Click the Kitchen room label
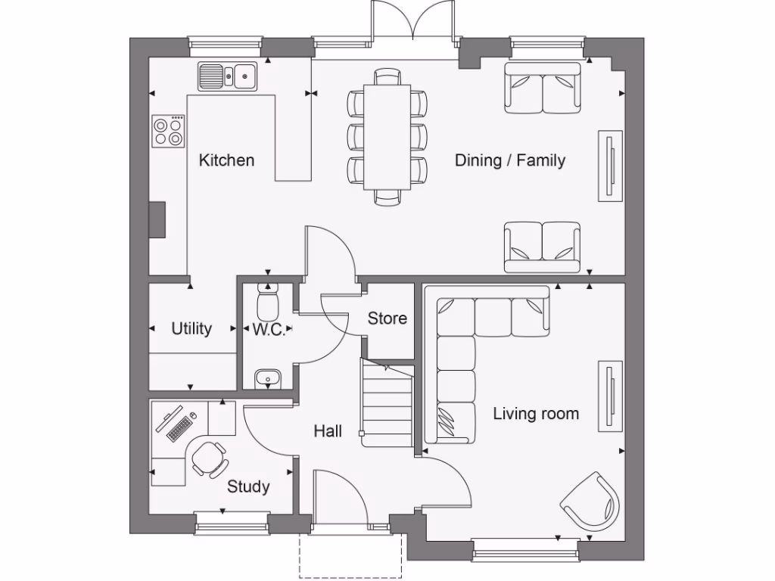(x=226, y=160)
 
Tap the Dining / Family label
(x=509, y=160)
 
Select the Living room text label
(x=536, y=414)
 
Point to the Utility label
(x=191, y=329)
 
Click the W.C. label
(x=269, y=330)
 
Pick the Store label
(x=387, y=318)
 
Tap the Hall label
(x=328, y=431)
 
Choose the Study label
(x=248, y=486)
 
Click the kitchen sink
(x=228, y=76)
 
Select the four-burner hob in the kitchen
(x=168, y=130)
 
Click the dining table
(x=387, y=136)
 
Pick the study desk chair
(x=208, y=458)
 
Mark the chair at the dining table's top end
(x=387, y=76)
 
